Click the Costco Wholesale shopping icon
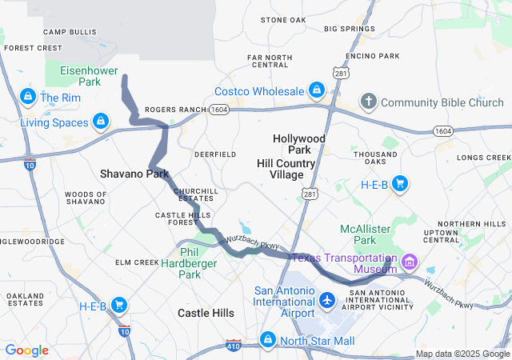(x=317, y=90)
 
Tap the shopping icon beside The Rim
(x=28, y=98)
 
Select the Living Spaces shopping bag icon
(x=101, y=122)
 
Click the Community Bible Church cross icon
(x=368, y=102)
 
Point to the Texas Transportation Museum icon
(x=410, y=262)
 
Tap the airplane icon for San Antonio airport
(x=326, y=300)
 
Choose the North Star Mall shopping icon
(x=267, y=341)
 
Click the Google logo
(x=26, y=350)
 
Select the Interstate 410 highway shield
(x=233, y=345)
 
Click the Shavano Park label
(x=134, y=174)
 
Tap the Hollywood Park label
(x=299, y=144)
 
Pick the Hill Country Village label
(x=286, y=169)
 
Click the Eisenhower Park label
(x=80, y=75)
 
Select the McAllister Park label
(x=358, y=234)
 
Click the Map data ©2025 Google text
(x=462, y=354)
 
